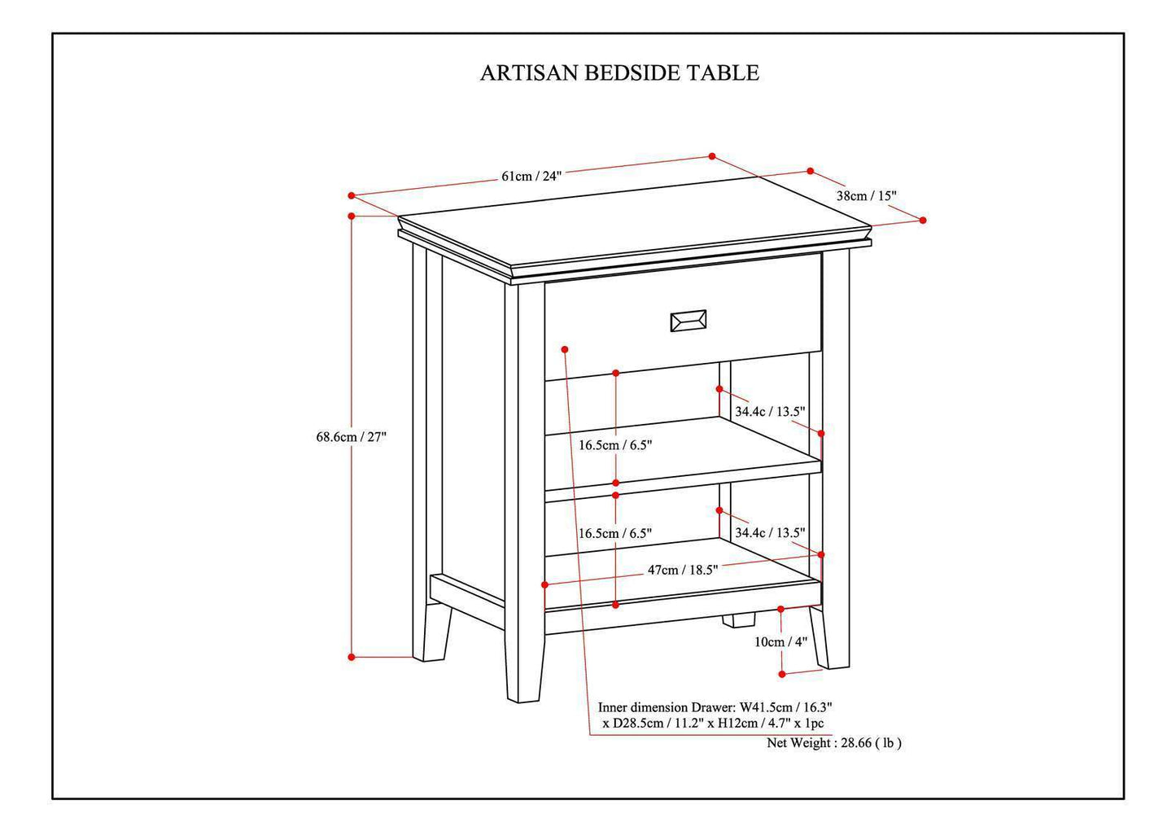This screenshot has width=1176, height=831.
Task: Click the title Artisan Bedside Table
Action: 619,73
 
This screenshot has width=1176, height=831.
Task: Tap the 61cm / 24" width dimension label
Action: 531,176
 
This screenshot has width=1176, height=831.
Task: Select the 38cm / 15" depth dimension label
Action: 866,196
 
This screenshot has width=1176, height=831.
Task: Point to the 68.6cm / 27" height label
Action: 351,437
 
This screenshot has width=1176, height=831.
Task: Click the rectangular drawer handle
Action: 688,321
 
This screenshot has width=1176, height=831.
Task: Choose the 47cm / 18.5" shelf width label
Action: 682,570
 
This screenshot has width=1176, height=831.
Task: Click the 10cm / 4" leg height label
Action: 780,642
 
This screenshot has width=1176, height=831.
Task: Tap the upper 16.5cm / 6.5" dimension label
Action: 615,445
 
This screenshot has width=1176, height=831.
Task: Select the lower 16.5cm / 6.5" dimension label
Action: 615,534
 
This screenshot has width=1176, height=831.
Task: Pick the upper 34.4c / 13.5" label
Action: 770,412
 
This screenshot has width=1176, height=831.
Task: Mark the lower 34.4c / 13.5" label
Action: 770,533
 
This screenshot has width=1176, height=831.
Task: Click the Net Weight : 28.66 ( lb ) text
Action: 833,743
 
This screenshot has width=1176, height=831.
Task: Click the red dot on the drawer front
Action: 565,349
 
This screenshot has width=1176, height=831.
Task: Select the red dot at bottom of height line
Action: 352,657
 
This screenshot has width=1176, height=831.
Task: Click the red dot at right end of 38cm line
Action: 923,220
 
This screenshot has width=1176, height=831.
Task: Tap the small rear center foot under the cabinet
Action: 738,620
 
